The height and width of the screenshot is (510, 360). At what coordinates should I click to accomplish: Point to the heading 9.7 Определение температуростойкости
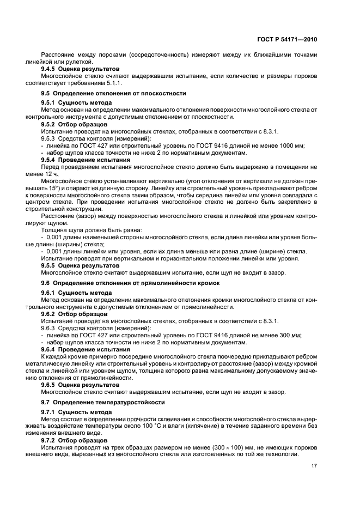pyautogui.click(x=103, y=402)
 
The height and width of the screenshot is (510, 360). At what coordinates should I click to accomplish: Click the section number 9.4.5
pyautogui.click(x=52, y=70)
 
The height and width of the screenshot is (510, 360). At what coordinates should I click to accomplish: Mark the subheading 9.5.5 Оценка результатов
pyautogui.click(x=80, y=265)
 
